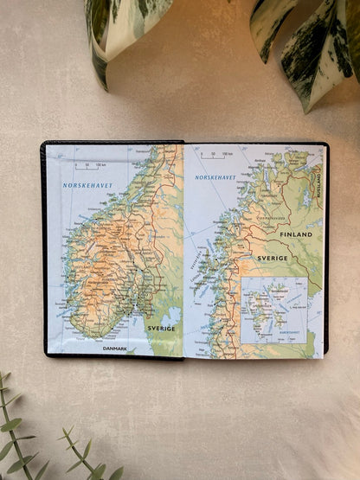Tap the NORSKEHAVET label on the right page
click(x=215, y=176)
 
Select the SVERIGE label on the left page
click(x=161, y=328)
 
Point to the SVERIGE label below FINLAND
click(x=271, y=258)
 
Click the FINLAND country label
click(x=295, y=234)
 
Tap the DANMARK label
click(x=115, y=349)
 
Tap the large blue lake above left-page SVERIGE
click(x=172, y=315)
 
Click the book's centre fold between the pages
click(x=184, y=251)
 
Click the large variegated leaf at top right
click(x=312, y=43)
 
